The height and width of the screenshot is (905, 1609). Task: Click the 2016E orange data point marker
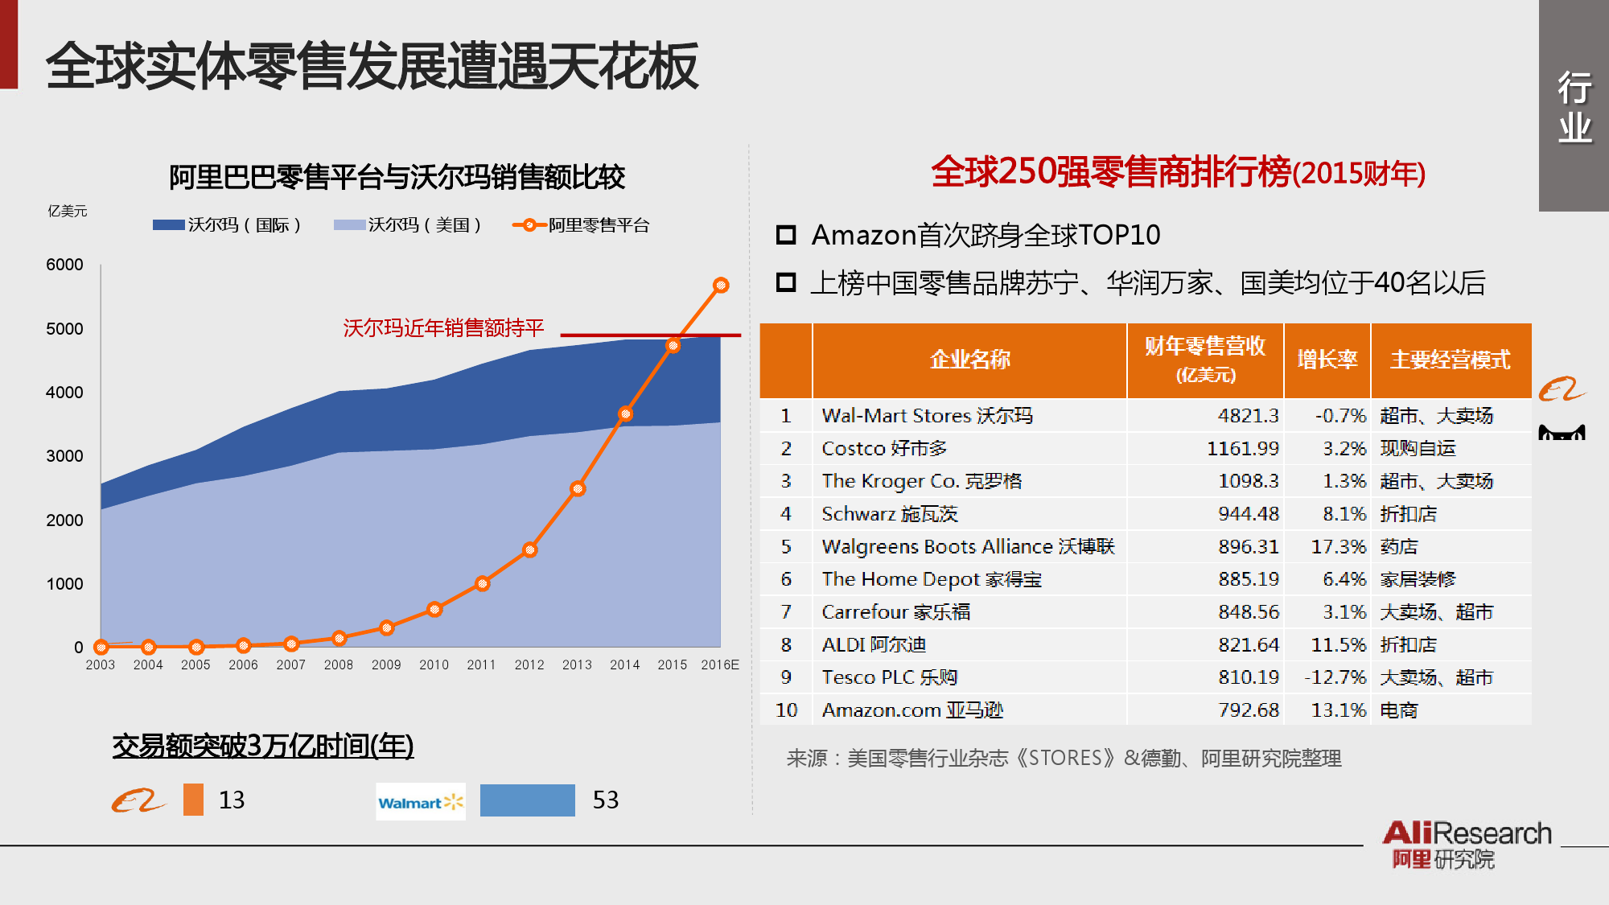pyautogui.click(x=721, y=286)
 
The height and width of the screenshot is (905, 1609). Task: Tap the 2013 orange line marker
pyautogui.click(x=578, y=488)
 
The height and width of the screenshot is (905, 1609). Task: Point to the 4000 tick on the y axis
pyautogui.click(x=64, y=393)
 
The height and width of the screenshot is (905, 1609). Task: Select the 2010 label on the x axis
pyautogui.click(x=434, y=664)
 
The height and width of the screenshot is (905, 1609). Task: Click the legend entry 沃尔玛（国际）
pyautogui.click(x=227, y=225)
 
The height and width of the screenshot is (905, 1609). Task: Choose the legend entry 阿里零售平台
pyautogui.click(x=581, y=225)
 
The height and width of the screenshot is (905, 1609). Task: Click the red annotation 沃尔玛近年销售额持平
pyautogui.click(x=443, y=327)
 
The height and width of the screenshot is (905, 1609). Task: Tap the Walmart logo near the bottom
pyautogui.click(x=421, y=802)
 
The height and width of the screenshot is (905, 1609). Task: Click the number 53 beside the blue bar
pyautogui.click(x=606, y=800)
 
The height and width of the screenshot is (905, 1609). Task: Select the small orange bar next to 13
pyautogui.click(x=193, y=800)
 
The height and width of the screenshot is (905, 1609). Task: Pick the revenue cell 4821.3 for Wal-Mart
pyautogui.click(x=1248, y=415)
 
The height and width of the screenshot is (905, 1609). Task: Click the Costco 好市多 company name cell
pyautogui.click(x=884, y=448)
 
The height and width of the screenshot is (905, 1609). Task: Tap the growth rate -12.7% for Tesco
pyautogui.click(x=1335, y=677)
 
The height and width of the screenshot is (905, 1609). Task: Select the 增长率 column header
pyautogui.click(x=1327, y=360)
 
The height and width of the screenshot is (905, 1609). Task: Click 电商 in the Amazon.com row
pyautogui.click(x=1399, y=710)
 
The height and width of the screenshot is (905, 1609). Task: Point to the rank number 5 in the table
pyautogui.click(x=786, y=546)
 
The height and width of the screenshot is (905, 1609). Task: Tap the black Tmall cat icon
pyautogui.click(x=1562, y=433)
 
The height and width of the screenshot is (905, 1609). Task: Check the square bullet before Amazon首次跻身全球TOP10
pyautogui.click(x=785, y=235)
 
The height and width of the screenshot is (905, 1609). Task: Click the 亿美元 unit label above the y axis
pyautogui.click(x=68, y=211)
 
